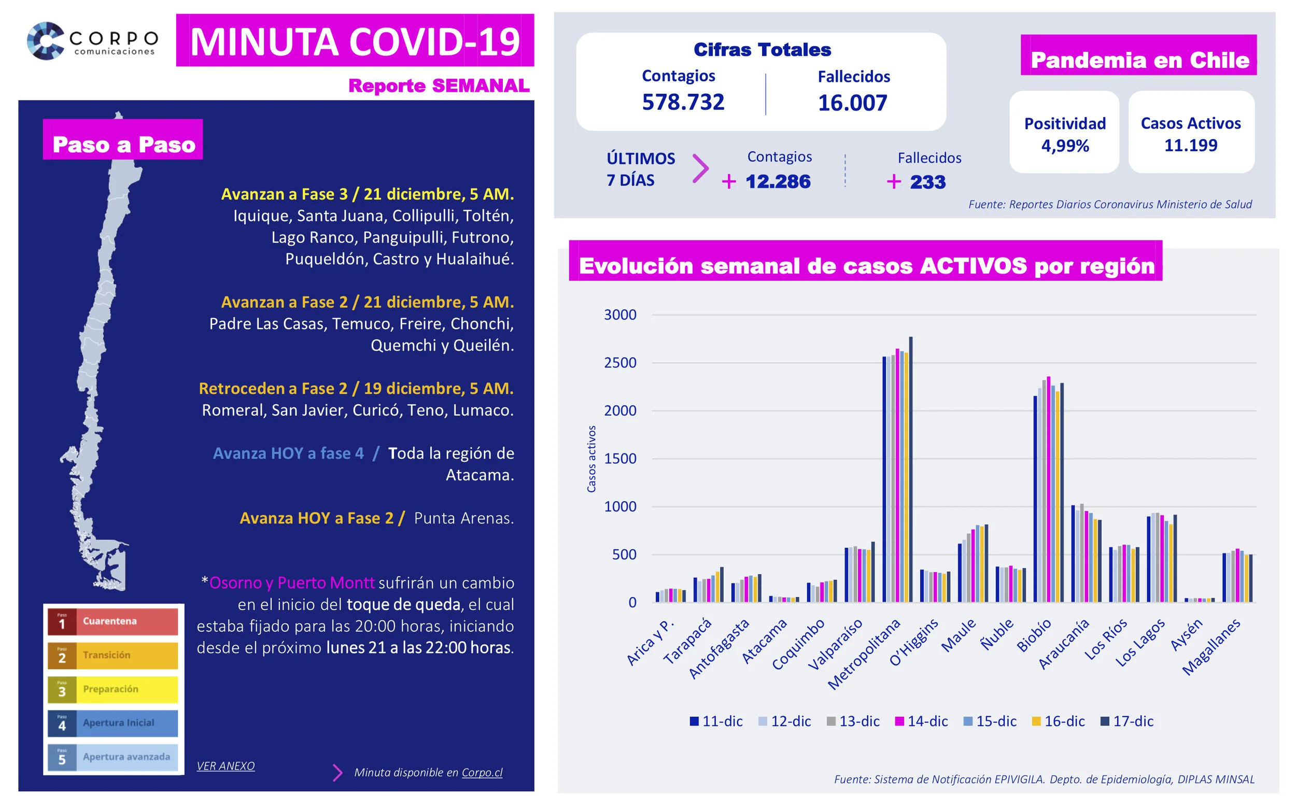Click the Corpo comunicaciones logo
pos(92,41)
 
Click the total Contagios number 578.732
pos(683,102)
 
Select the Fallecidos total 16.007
pos(852,103)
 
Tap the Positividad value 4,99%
pos(1065,146)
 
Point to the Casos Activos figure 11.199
pos(1190,145)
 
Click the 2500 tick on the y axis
pos(620,363)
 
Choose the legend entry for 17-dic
pos(1126,721)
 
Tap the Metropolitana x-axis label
pos(864,655)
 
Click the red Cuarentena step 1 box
pos(112,621)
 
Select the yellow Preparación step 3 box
pos(112,689)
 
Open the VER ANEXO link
pos(226,766)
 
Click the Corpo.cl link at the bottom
pos(482,773)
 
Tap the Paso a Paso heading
pos(123,145)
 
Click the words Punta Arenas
pos(463,518)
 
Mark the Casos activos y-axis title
pos(591,459)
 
